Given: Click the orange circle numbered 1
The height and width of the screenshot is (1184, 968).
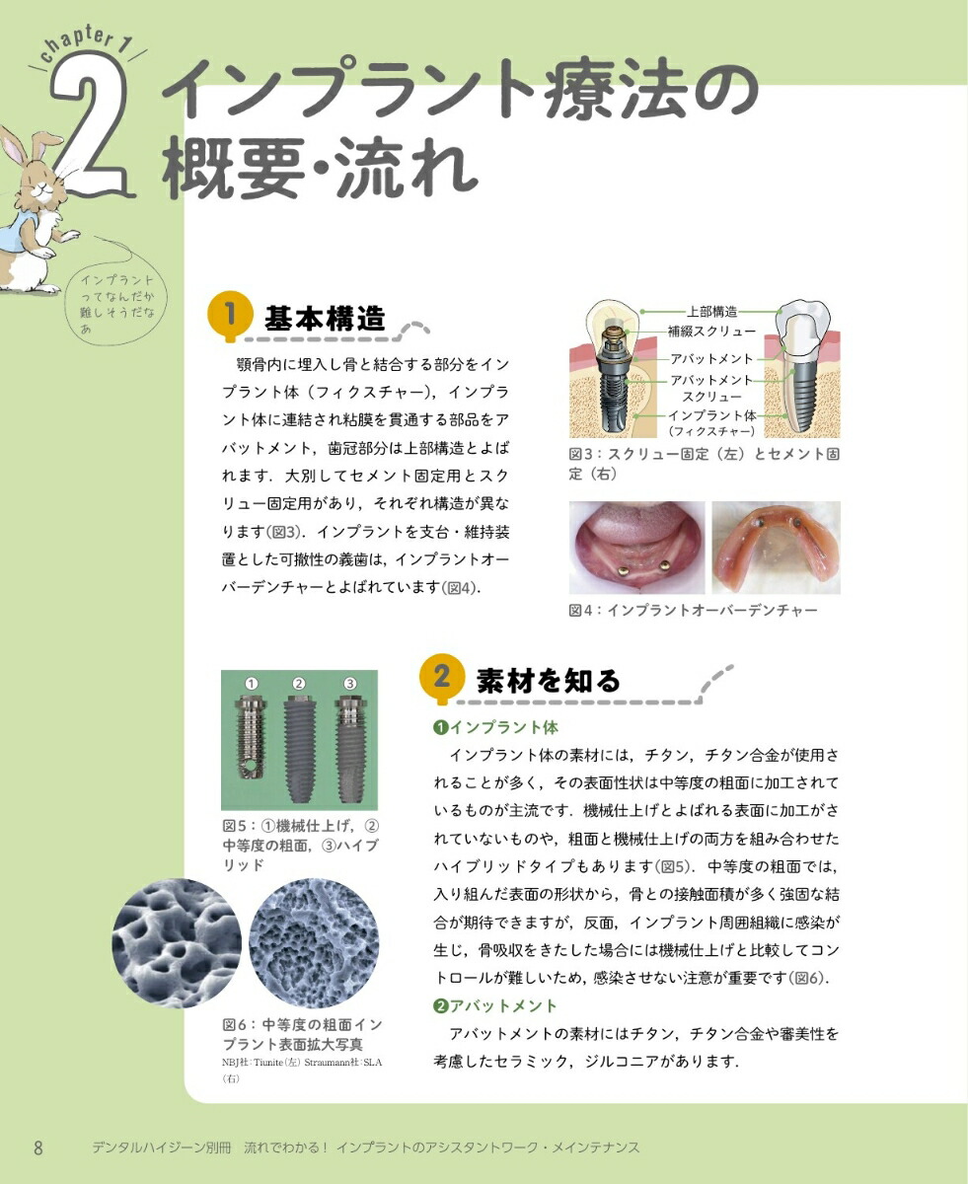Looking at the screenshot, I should coord(228,316).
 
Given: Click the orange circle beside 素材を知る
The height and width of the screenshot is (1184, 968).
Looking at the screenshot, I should coord(441,678).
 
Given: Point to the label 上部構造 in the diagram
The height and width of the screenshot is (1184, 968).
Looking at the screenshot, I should coord(711,312).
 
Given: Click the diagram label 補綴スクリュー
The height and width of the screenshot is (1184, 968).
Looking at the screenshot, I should coord(711,332).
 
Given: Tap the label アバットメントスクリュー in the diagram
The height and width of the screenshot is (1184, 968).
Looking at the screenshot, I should coord(711,389).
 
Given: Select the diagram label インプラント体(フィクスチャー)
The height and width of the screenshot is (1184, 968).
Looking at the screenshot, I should coord(711,422).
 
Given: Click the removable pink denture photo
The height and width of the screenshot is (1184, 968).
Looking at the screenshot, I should coord(776,549).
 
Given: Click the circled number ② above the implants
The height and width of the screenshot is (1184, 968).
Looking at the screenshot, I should coord(300,683).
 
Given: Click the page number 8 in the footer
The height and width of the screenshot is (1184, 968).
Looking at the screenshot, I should coord(38,1147).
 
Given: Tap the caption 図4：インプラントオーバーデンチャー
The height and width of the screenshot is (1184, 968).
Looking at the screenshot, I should coord(693,611).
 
